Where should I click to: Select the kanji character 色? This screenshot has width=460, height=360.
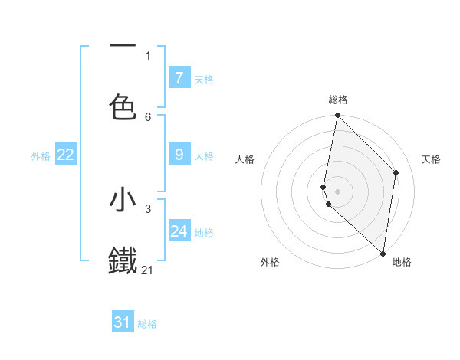tap(123, 106)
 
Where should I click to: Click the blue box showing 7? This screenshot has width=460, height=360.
tap(179, 77)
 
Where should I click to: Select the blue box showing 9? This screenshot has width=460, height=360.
tap(179, 155)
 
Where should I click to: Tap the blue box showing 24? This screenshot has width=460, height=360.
tap(179, 231)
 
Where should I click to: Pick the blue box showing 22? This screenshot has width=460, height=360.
tap(66, 155)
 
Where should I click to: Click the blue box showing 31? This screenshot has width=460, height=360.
tap(123, 322)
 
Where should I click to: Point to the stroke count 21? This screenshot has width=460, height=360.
tap(148, 270)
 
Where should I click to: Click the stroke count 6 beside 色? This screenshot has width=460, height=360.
tap(148, 116)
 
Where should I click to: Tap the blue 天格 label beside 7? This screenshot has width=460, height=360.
tap(204, 79)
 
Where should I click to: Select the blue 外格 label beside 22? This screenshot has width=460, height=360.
tap(41, 155)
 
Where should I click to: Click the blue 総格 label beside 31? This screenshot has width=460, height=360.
tap(147, 324)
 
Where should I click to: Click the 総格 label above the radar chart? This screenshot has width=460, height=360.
tap(338, 100)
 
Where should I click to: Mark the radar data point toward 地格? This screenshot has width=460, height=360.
tap(383, 252)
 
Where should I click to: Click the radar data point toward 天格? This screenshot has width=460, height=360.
tap(396, 172)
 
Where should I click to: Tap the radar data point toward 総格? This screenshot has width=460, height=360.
tap(337, 116)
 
